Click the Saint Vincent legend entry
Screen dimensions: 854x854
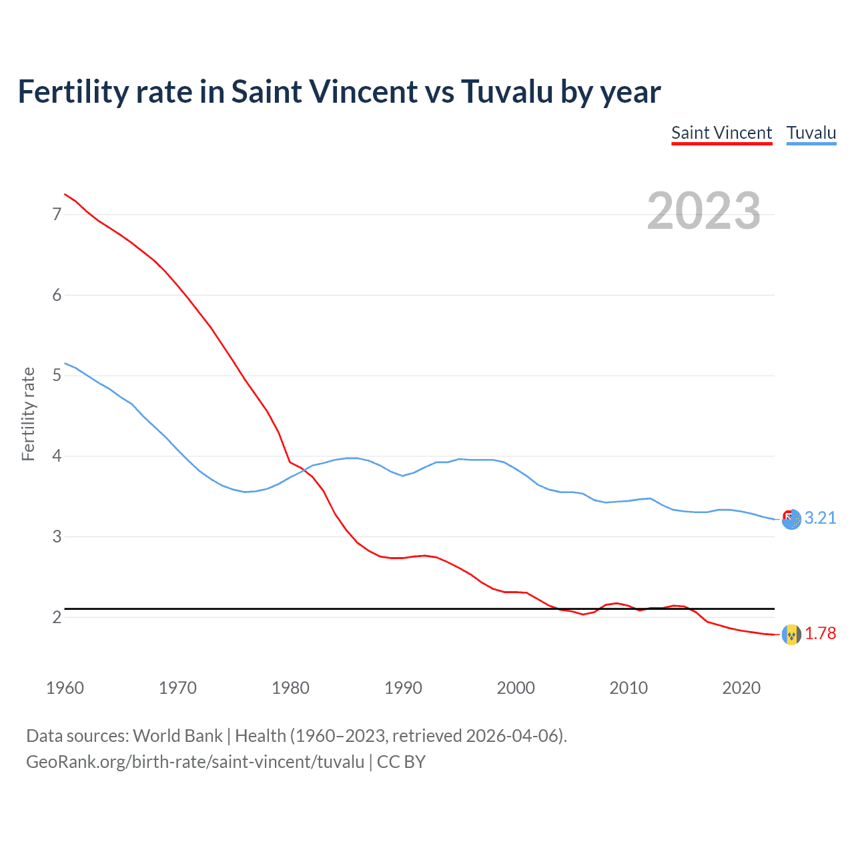pyautogui.click(x=721, y=133)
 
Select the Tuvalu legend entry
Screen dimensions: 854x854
pyautogui.click(x=811, y=133)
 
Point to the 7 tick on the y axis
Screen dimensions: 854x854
pyautogui.click(x=57, y=214)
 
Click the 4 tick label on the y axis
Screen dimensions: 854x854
pyautogui.click(x=57, y=456)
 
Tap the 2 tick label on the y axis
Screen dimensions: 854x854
pyautogui.click(x=57, y=617)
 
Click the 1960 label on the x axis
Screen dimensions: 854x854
pyautogui.click(x=65, y=688)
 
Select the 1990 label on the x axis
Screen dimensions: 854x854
pyautogui.click(x=403, y=688)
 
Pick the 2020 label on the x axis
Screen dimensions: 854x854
pyautogui.click(x=741, y=688)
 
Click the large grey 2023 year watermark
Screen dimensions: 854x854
pyautogui.click(x=703, y=211)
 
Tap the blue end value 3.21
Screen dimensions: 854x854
pyautogui.click(x=820, y=518)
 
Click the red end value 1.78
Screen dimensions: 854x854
pyautogui.click(x=820, y=634)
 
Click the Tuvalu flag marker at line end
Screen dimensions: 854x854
pyautogui.click(x=791, y=519)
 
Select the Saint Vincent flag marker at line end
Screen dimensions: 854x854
pyautogui.click(x=791, y=634)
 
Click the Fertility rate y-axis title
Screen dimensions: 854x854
pyautogui.click(x=28, y=414)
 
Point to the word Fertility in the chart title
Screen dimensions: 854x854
pyautogui.click(x=72, y=91)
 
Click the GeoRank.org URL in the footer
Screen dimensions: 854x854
pyautogui.click(x=195, y=762)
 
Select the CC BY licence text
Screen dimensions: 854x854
pyautogui.click(x=401, y=762)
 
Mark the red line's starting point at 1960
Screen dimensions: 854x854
pyautogui.click(x=65, y=194)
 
